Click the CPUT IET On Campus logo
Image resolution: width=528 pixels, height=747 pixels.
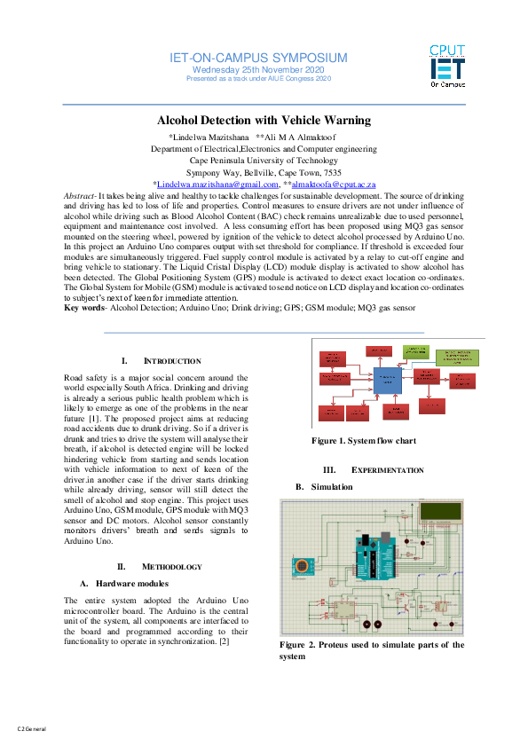click(x=448, y=67)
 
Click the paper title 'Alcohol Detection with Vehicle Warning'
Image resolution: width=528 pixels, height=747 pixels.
click(x=264, y=121)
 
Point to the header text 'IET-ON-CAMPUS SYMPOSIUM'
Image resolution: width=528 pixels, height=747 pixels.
click(x=258, y=58)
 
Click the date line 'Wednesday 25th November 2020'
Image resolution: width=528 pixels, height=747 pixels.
click(x=258, y=70)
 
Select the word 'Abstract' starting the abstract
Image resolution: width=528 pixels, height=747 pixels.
click(x=81, y=194)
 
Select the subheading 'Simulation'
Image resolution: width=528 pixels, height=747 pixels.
click(x=330, y=486)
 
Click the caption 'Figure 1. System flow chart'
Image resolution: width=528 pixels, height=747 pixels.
click(x=363, y=441)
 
